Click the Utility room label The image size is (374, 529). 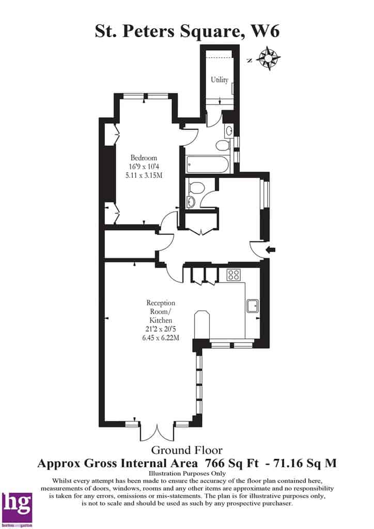(220, 80)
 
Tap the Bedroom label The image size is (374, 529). (144, 158)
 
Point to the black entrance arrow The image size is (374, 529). (271, 250)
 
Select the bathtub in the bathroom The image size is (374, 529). (207, 164)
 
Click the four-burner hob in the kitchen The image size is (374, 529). (233, 275)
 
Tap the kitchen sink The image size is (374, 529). (253, 306)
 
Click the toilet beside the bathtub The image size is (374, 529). (223, 146)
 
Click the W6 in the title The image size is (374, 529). (266, 32)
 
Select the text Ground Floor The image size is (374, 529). (187, 450)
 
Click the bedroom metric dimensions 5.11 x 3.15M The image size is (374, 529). (144, 175)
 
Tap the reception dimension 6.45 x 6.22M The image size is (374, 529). (161, 337)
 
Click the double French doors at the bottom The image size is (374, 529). (157, 431)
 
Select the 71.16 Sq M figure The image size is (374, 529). (305, 463)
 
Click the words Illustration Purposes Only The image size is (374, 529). (187, 473)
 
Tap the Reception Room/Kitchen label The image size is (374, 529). (161, 312)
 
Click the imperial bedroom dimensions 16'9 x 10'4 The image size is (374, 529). (144, 166)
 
